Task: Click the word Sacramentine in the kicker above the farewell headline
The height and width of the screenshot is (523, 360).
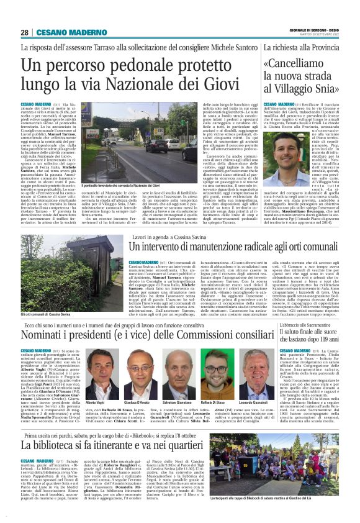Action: point(317,325)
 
